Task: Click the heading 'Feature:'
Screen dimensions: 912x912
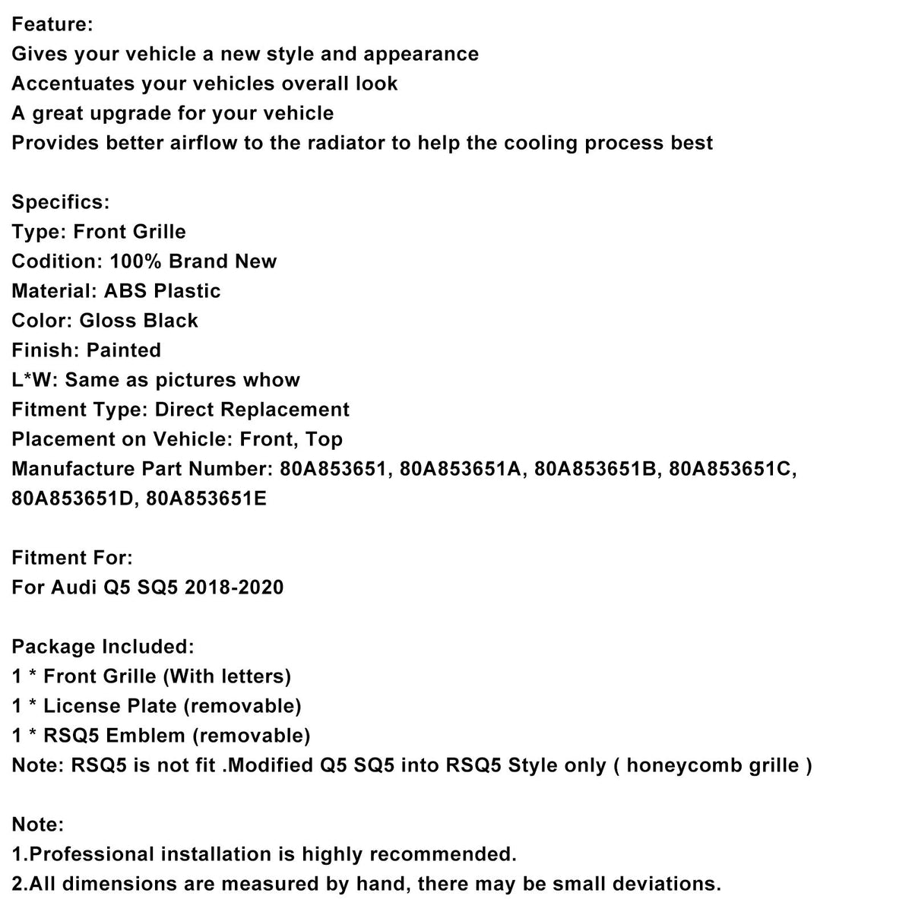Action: point(52,24)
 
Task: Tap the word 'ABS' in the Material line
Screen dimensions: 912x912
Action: point(125,291)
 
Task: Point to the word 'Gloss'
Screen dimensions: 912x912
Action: point(111,321)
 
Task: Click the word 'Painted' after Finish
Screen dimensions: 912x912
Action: point(124,350)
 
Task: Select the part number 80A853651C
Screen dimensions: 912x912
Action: point(733,469)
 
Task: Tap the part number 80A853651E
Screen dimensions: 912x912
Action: point(207,499)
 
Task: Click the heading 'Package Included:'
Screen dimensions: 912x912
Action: point(103,647)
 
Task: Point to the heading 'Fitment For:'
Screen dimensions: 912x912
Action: point(72,558)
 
